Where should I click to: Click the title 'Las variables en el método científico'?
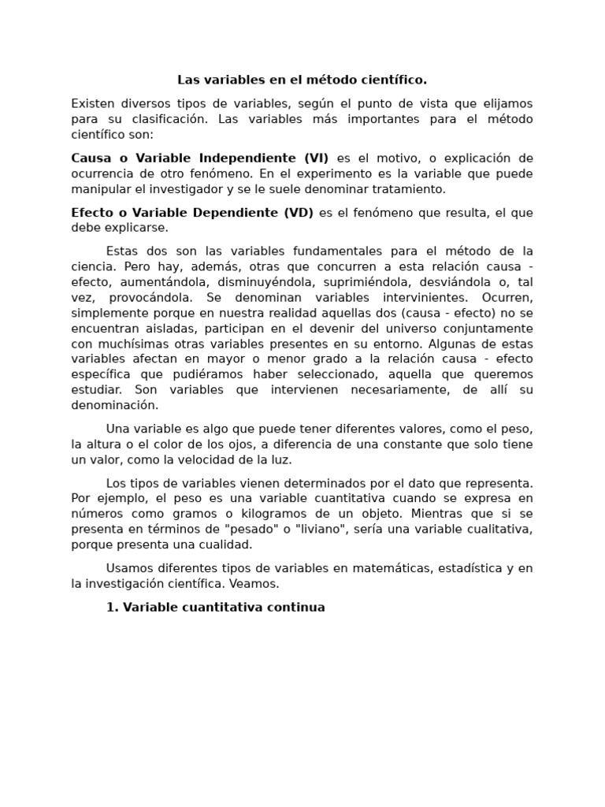pos(302,80)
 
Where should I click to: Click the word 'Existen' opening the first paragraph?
pos(93,103)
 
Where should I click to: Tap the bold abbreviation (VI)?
pos(315,158)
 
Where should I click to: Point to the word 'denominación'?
pos(114,405)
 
